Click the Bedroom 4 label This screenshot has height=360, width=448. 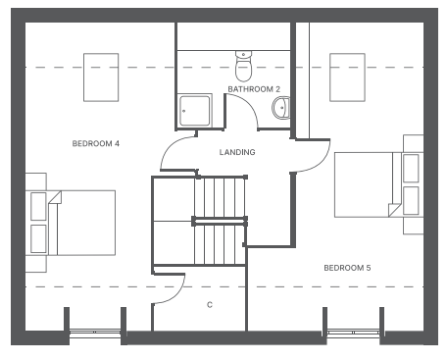96,143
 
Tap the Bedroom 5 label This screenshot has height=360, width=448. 347,268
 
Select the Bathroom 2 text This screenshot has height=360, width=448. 254,89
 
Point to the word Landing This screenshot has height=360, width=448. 237,152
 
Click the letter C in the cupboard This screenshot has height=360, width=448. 210,305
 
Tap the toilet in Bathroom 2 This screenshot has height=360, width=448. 243,66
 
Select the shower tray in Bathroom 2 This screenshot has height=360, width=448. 195,111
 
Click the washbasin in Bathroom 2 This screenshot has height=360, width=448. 281,107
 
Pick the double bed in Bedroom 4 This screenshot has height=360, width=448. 81,223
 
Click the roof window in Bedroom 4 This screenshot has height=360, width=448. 101,77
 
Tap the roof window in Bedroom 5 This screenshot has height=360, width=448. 347,77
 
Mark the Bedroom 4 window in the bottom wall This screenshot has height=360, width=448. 95,333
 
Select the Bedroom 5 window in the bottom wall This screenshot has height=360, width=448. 354,333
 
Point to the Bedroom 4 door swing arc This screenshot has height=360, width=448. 170,147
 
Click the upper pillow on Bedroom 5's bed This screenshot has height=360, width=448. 411,168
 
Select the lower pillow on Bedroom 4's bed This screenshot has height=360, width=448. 38,238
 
